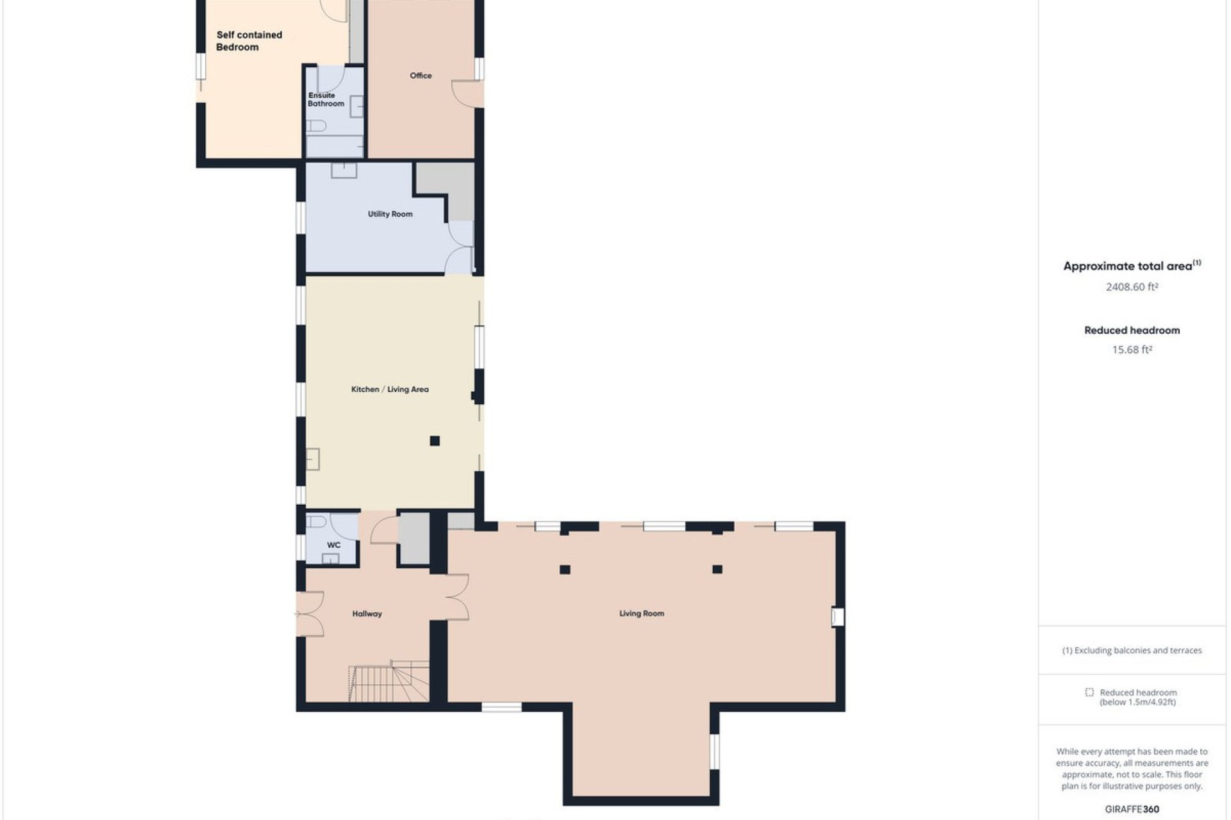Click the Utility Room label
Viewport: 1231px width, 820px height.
tap(390, 214)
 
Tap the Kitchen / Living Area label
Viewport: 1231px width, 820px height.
tap(390, 389)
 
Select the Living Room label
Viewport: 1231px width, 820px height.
tap(641, 614)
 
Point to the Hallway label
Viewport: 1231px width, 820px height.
tap(367, 614)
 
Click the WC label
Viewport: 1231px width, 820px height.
tap(333, 545)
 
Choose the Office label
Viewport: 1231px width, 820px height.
tap(421, 76)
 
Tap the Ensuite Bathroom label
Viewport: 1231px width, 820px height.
tap(326, 99)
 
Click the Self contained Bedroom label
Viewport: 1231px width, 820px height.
tap(249, 41)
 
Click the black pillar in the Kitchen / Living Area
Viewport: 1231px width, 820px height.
tap(435, 441)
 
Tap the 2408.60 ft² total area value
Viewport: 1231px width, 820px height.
tap(1132, 287)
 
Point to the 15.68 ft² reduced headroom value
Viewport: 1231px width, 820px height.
tap(1132, 350)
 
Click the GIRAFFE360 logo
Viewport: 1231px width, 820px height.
tap(1132, 809)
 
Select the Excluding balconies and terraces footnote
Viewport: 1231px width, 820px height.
tap(1132, 650)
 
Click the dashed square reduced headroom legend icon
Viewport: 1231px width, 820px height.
tap(1089, 693)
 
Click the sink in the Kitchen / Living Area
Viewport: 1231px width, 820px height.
tap(313, 459)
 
